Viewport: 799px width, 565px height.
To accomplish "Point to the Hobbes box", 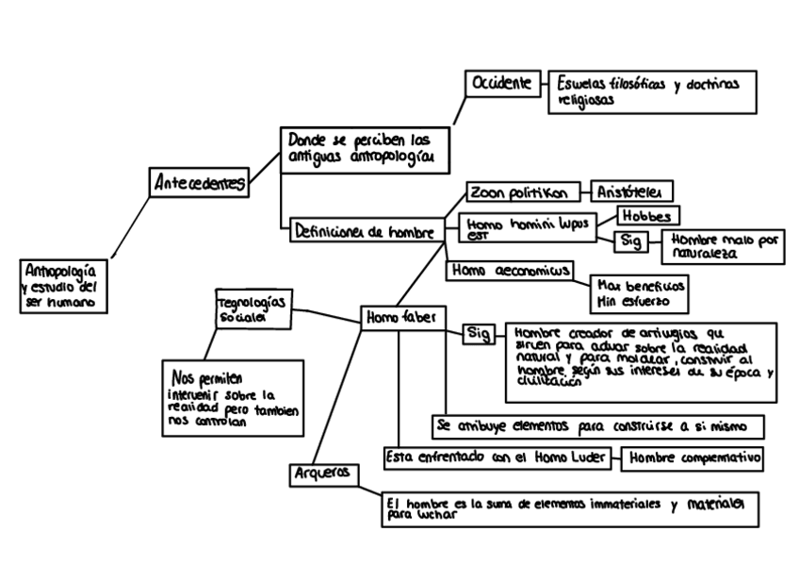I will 647,216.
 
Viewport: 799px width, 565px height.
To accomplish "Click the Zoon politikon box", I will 518,192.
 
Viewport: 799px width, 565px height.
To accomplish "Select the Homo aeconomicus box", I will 509,270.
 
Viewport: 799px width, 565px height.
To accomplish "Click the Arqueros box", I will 323,473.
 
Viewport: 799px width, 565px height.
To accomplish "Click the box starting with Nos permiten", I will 231,397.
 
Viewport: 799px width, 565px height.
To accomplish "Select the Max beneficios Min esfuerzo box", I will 637,292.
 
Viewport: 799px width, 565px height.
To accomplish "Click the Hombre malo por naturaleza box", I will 723,246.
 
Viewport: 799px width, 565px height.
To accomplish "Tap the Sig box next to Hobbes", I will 631,241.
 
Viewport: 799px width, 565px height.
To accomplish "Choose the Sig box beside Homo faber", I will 477,333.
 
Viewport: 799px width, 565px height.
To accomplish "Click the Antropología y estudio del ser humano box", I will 62,285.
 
